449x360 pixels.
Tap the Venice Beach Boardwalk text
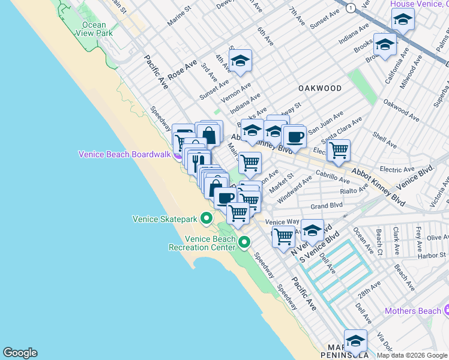(124, 155)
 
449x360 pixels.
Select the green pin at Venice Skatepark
(206, 218)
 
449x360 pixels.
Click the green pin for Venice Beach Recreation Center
(244, 242)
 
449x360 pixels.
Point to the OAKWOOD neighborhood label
(320, 88)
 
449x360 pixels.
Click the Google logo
(20, 353)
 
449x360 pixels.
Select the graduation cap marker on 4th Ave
(240, 61)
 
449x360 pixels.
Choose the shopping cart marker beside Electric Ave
(339, 151)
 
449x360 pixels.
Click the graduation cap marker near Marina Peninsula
(355, 341)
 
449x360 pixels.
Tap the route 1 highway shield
(349, 5)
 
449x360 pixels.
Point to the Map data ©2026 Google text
(412, 355)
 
